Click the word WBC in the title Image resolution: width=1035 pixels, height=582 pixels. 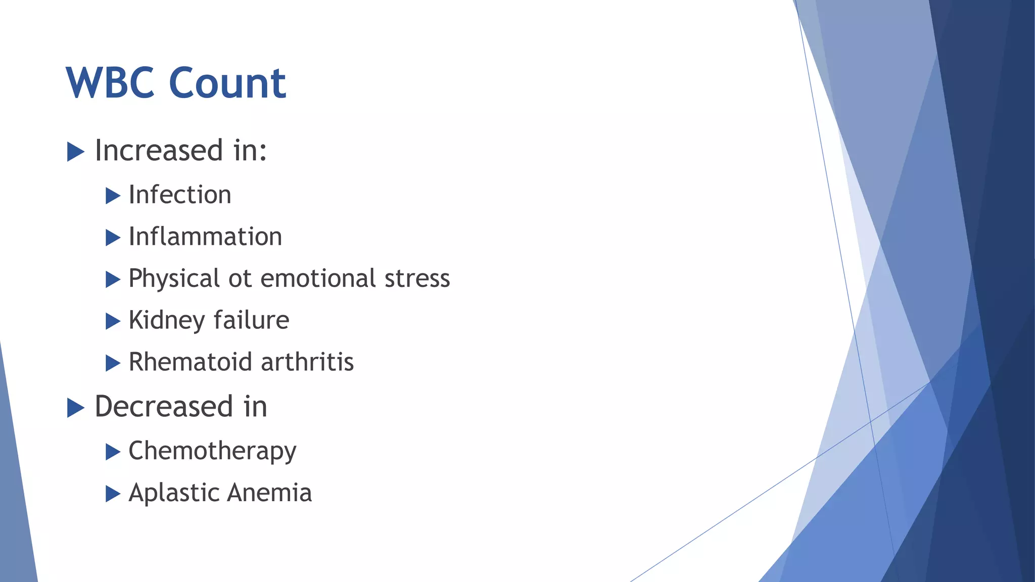click(x=110, y=83)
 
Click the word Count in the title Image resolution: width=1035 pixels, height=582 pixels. click(x=227, y=83)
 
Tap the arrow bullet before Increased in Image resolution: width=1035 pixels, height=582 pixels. click(x=75, y=152)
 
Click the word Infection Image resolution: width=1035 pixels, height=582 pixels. click(x=180, y=195)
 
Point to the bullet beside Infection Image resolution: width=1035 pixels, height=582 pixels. click(x=113, y=196)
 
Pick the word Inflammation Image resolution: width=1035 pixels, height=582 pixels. click(x=205, y=237)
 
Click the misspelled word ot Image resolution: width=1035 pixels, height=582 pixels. click(x=240, y=279)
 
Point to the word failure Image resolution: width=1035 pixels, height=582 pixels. click(x=251, y=321)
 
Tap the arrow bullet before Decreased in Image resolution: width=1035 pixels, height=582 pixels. click(x=75, y=408)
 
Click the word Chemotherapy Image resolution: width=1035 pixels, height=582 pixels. click(x=212, y=451)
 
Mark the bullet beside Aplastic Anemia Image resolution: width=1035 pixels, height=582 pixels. click(x=113, y=494)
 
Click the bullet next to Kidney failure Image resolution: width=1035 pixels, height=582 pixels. click(x=113, y=321)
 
